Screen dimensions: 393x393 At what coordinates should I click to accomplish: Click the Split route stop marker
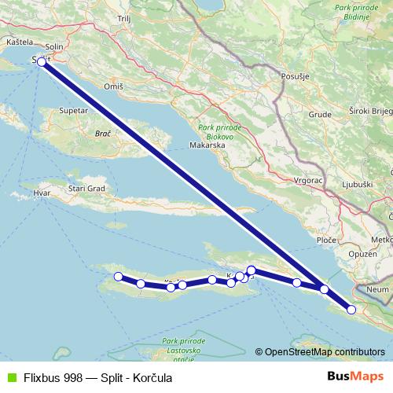(42, 61)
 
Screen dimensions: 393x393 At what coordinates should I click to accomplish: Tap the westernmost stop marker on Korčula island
(119, 276)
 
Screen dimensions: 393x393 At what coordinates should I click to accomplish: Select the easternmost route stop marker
(351, 310)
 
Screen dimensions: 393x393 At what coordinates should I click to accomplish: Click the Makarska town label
(208, 145)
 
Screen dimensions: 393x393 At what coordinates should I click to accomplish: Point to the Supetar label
(72, 112)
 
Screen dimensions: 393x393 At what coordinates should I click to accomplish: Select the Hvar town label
(42, 192)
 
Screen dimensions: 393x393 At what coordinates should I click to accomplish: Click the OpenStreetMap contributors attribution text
(324, 351)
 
